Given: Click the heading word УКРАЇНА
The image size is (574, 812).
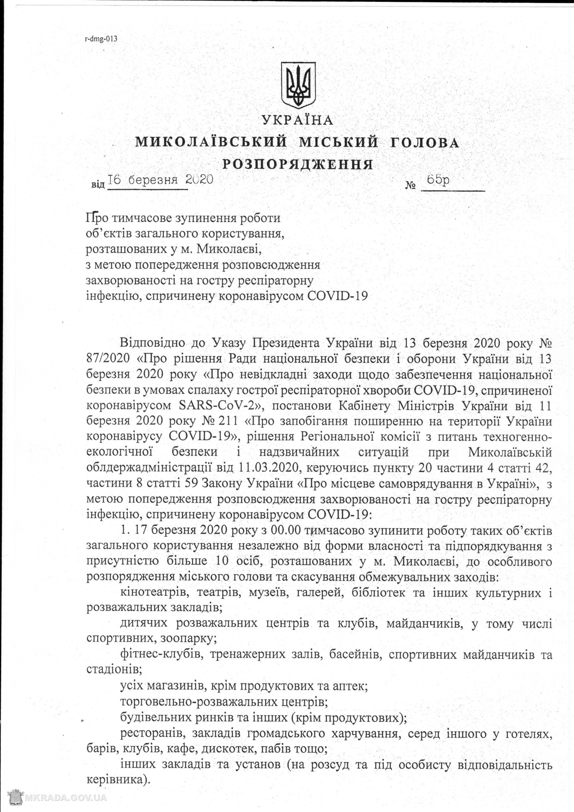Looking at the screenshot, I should click(x=298, y=121).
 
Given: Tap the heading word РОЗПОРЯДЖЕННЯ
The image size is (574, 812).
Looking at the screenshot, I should click(x=298, y=165).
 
